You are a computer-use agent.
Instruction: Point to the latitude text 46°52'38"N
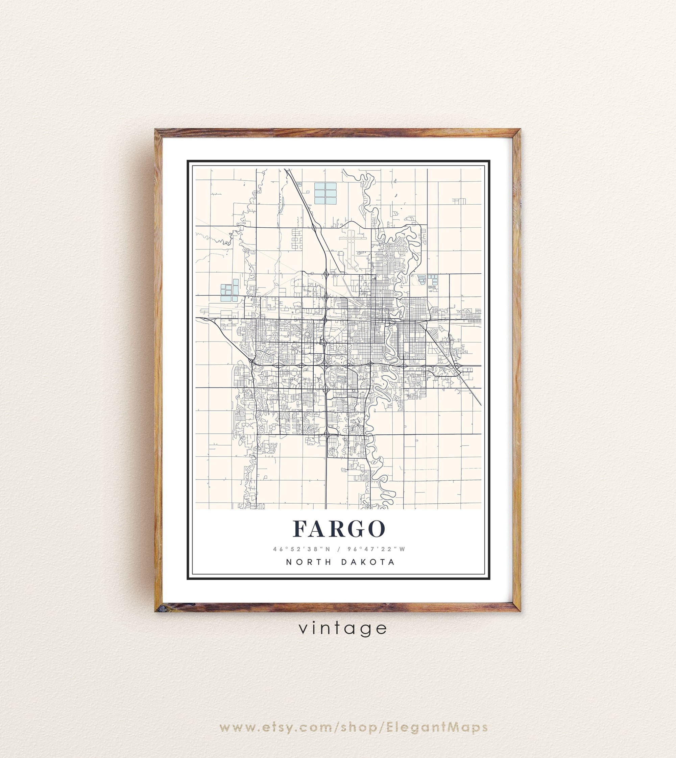301,549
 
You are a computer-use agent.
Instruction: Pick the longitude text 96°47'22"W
377,549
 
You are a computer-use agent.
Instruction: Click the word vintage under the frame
343,628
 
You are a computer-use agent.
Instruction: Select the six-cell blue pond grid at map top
325,194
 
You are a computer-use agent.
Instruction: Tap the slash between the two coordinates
339,549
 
